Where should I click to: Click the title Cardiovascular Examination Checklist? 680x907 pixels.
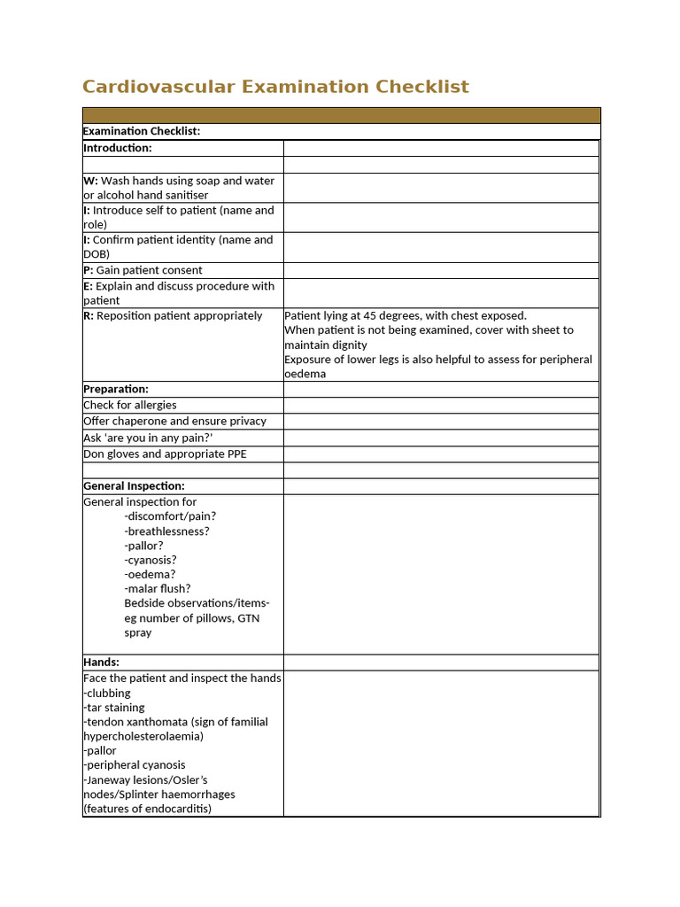[x=275, y=87]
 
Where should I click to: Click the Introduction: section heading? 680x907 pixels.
[x=118, y=148]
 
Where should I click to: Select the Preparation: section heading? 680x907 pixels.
[x=116, y=389]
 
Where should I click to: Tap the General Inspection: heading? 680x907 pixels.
[x=134, y=486]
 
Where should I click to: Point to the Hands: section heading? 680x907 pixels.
[x=101, y=662]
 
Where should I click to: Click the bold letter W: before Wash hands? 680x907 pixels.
[x=90, y=181]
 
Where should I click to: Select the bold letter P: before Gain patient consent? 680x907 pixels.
[x=89, y=270]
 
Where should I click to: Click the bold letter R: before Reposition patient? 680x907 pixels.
[x=89, y=315]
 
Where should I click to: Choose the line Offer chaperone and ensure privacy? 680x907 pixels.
[x=174, y=422]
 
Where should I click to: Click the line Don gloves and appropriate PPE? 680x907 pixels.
[x=165, y=453]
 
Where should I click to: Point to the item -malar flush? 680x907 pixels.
[x=158, y=588]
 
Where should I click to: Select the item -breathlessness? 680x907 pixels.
[x=167, y=531]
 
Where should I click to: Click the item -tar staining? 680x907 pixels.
[x=114, y=708]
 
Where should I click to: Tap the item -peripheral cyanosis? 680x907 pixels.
[x=135, y=764]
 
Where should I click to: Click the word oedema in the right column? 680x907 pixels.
[x=305, y=374]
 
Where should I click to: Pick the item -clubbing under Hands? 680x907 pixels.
[x=107, y=693]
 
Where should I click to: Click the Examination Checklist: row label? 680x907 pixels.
[x=142, y=131]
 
